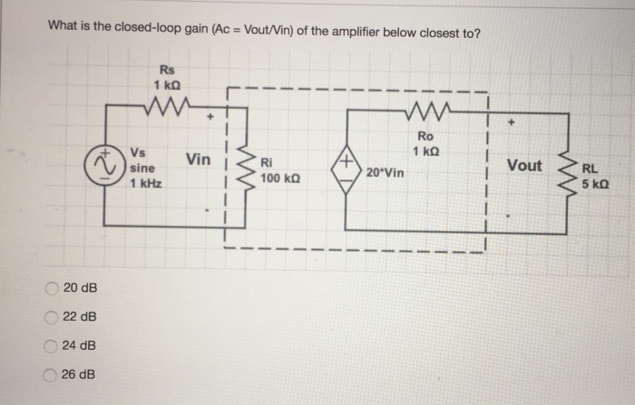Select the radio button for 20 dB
52,288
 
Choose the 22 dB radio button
52,317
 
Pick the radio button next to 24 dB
52,346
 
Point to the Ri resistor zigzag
243,168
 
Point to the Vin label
198,160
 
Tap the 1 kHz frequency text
144,183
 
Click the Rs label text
166,69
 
